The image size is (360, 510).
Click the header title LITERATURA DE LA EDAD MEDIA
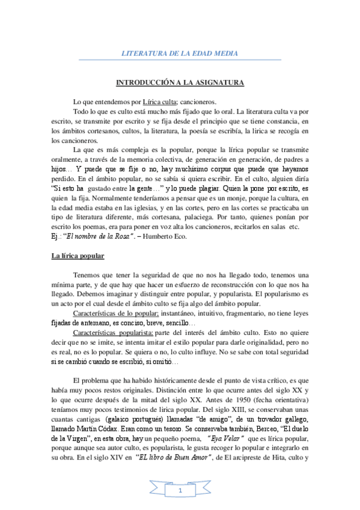(180, 54)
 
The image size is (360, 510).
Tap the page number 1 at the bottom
(180, 492)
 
